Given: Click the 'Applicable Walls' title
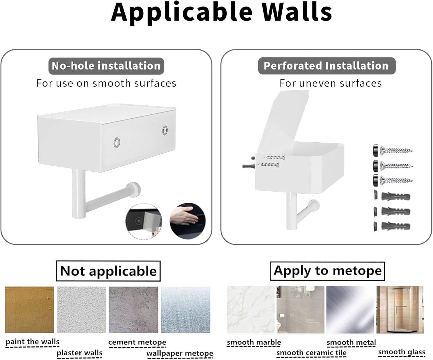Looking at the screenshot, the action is (221, 12).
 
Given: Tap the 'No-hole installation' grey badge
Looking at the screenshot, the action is (106, 66).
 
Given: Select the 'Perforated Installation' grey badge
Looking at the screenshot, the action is (326, 66).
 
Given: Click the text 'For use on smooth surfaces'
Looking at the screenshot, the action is (106, 83).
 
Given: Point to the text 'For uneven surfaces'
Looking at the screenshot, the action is (331, 83).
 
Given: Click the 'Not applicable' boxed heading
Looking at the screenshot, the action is (108, 271).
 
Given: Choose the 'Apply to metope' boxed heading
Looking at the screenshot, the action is (327, 271).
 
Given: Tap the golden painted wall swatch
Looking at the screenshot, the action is (29, 309).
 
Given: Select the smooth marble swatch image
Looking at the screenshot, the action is (251, 309).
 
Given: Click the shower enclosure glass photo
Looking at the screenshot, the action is (400, 309).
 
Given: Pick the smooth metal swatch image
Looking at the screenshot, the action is (350, 309).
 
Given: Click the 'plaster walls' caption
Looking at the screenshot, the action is (79, 353).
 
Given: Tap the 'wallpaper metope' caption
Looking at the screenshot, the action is (180, 353).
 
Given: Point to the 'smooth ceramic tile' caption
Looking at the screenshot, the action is (311, 353).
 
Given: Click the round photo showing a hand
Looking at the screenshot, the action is (188, 221).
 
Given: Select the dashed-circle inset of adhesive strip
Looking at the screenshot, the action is (144, 221).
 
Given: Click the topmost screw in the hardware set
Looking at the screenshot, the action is (393, 151).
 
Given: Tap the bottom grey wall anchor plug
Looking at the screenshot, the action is (392, 226).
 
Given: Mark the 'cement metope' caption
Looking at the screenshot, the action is (137, 342).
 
